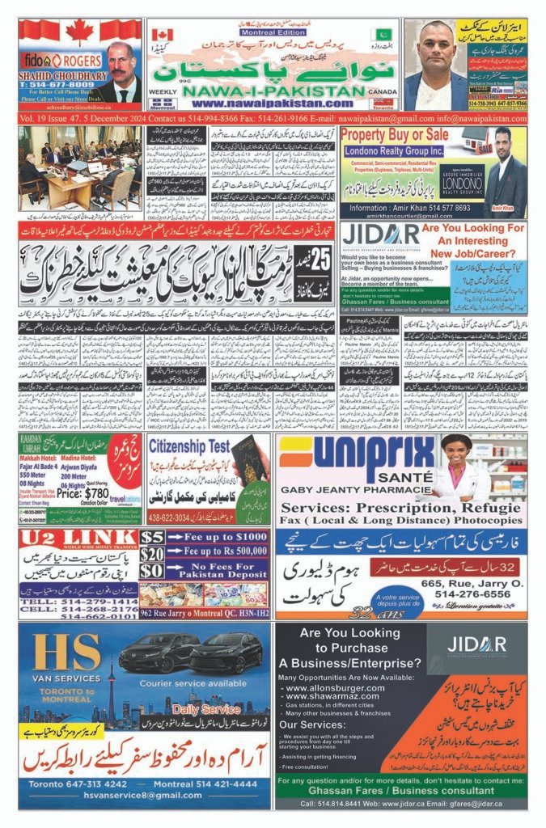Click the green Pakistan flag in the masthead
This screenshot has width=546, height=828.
pos(383,35)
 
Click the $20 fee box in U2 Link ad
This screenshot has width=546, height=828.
pos(151,552)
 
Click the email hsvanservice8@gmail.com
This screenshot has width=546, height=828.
pos(145,798)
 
